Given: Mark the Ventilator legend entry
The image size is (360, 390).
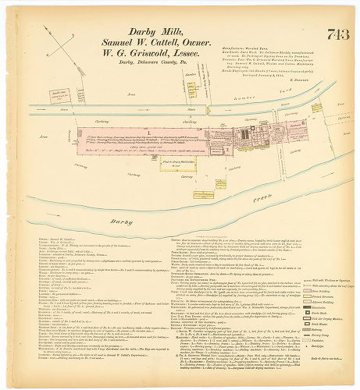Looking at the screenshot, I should [x=325, y=341].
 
